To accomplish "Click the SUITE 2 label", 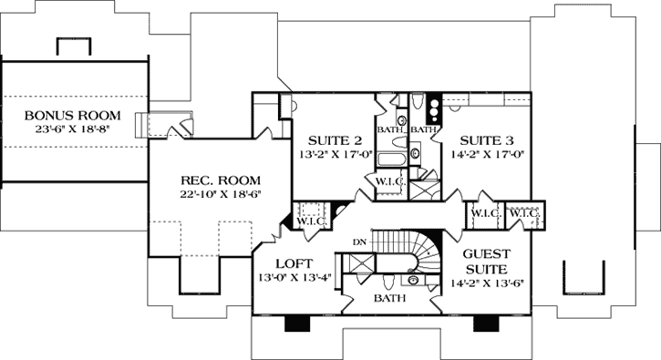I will [329, 140].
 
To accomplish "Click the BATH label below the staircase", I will [388, 297].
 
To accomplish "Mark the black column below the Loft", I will [297, 324].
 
